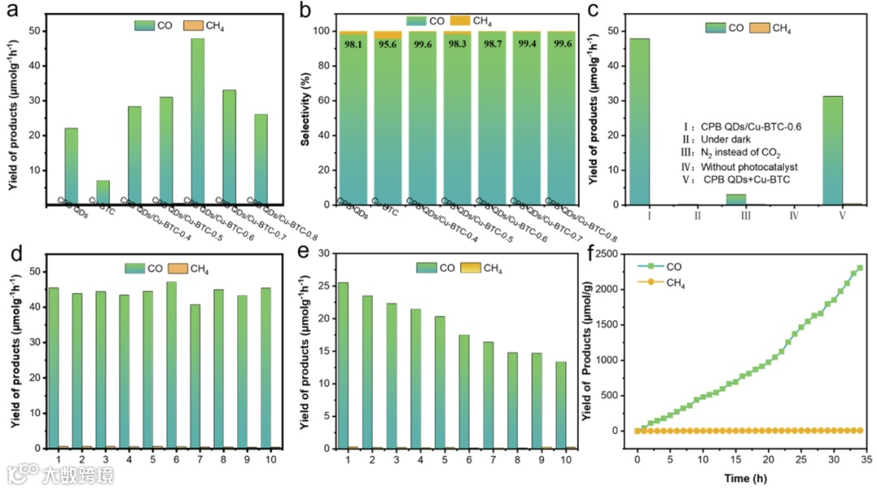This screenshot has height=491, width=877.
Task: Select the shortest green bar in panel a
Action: tap(102, 192)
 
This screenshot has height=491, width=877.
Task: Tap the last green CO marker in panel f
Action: tap(860, 268)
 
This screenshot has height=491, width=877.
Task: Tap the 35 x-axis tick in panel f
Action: tap(866, 459)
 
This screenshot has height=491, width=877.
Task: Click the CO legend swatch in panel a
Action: tap(145, 26)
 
